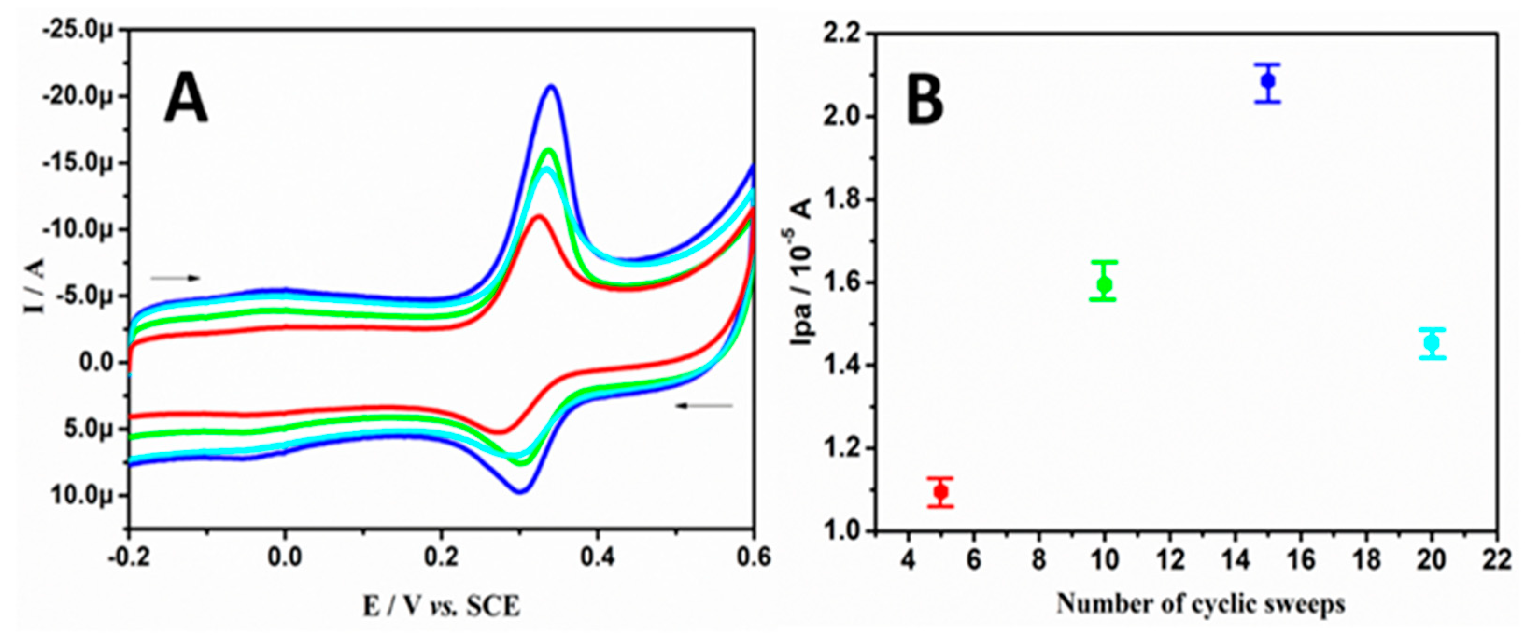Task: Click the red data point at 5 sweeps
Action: click(x=941, y=492)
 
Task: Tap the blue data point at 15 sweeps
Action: click(x=1268, y=80)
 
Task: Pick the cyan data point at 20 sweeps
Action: click(x=1432, y=343)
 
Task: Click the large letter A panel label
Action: click(x=186, y=101)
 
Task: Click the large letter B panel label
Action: click(x=925, y=101)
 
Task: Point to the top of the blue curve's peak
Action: click(x=552, y=86)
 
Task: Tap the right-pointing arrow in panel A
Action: click(x=176, y=277)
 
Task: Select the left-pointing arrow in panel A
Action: click(x=705, y=405)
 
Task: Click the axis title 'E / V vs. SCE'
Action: click(x=442, y=606)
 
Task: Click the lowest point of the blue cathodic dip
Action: click(x=520, y=491)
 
